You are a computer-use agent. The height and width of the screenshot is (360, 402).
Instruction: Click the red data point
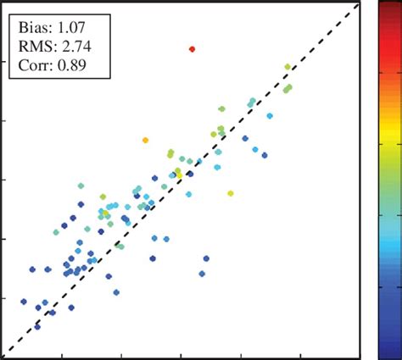pyautogui.click(x=192, y=48)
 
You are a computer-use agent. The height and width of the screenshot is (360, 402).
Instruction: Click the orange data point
pyautogui.click(x=146, y=140)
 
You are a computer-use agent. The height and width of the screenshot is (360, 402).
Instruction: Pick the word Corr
pyautogui.click(x=33, y=64)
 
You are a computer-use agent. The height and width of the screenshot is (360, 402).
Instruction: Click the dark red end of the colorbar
pyautogui.click(x=391, y=10)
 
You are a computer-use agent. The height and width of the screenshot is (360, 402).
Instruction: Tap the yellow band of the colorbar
pyautogui.click(x=391, y=127)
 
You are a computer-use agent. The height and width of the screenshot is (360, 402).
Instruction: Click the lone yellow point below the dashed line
pyautogui.click(x=231, y=193)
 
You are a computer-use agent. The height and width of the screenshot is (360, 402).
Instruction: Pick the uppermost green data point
pyautogui.click(x=288, y=66)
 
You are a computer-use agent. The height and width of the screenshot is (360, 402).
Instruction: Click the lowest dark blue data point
pyautogui.click(x=37, y=325)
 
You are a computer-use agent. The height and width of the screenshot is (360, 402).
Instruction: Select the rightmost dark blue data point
pyautogui.click(x=265, y=155)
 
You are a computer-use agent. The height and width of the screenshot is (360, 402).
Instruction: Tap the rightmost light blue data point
pyautogui.click(x=271, y=116)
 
